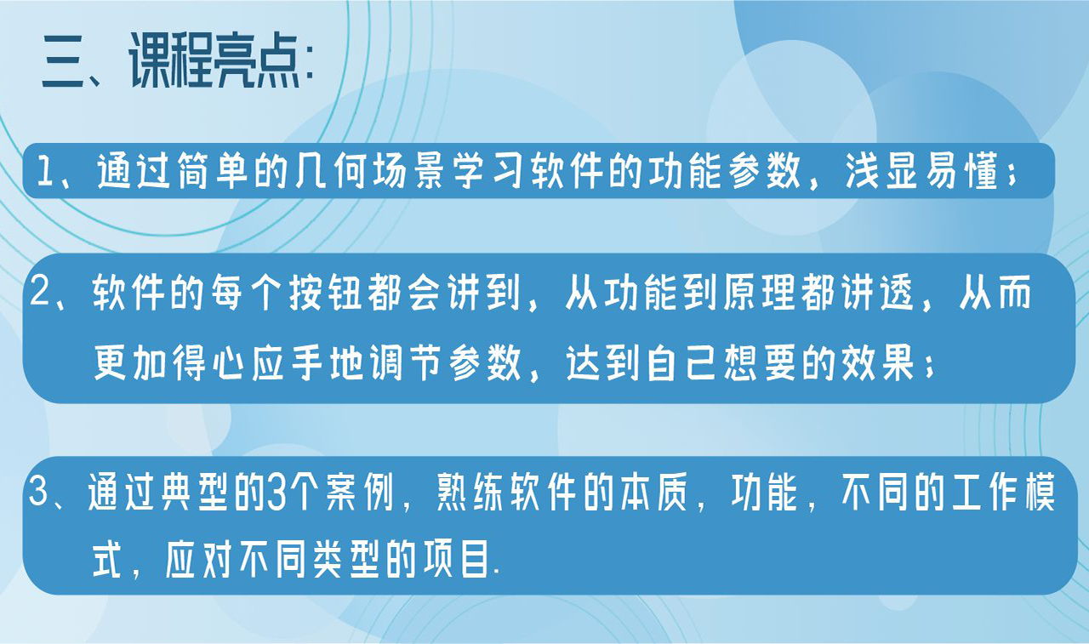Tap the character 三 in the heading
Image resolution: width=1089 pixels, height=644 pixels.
[x=65, y=65]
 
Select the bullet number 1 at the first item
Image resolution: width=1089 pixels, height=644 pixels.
[x=43, y=174]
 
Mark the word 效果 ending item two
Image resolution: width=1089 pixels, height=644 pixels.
[x=887, y=365]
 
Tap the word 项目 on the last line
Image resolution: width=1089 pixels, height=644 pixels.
[x=459, y=562]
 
